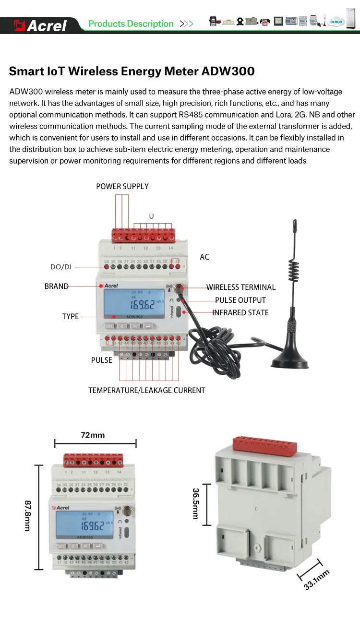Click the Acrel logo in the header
40,25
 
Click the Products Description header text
131,24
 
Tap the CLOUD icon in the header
336,22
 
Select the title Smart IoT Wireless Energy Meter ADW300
132,72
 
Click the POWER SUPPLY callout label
122,186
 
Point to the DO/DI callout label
61,267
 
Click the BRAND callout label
57,287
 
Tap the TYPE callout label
71,317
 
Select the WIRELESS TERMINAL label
241,287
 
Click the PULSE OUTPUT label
240,300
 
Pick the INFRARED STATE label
240,313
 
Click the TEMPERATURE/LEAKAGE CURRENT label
147,391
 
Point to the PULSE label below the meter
102,360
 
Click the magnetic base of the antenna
290,360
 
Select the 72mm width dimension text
93,435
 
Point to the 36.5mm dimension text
196,503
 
